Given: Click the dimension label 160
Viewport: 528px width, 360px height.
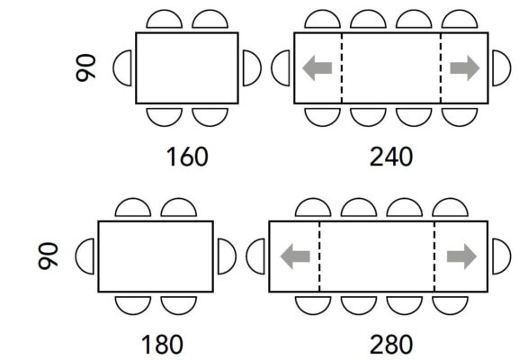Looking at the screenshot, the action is [187, 157].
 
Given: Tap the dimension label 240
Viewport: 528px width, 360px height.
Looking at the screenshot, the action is [391, 157].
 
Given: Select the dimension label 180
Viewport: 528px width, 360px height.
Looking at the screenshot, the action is [162, 344].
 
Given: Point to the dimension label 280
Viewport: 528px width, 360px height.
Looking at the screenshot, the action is [391, 344].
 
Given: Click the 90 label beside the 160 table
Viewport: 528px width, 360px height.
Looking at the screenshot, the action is [85, 67].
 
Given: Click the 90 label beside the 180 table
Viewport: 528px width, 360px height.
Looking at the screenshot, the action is [48, 256].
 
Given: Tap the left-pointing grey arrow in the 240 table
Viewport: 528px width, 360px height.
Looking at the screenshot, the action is [318, 68].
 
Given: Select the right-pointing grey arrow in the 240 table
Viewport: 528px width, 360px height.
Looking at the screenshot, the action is [465, 68].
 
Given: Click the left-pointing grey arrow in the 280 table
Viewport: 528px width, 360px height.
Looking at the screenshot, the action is [295, 256].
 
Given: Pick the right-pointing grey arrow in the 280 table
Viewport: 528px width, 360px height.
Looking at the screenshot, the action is [461, 256].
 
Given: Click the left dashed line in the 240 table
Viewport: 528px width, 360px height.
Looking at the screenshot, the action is [342, 68].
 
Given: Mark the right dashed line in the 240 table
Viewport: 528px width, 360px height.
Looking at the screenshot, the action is [441, 68].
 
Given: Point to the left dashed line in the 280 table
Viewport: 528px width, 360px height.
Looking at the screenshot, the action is [319, 256].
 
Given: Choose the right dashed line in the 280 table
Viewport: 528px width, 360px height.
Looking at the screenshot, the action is [434, 256].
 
